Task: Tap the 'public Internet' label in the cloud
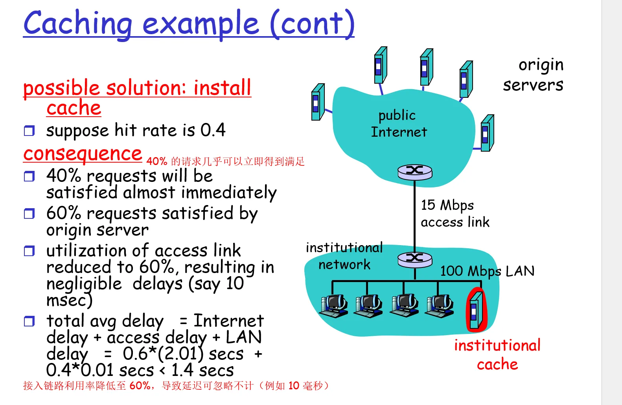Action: click(398, 123)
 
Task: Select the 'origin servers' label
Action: click(533, 75)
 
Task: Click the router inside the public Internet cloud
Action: click(415, 172)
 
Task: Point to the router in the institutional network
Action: click(415, 259)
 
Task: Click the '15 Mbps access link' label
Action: click(455, 213)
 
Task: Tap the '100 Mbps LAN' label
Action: click(487, 271)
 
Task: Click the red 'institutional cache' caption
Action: click(497, 355)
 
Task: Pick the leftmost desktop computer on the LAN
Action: click(333, 306)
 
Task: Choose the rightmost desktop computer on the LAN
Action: click(440, 306)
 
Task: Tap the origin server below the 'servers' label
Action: click(487, 133)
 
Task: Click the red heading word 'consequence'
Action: click(82, 154)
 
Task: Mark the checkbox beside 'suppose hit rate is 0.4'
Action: click(29, 130)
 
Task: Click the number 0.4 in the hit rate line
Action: click(213, 130)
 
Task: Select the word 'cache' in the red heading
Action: click(74, 108)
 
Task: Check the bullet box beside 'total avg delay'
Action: click(29, 321)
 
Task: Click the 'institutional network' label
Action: click(344, 256)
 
